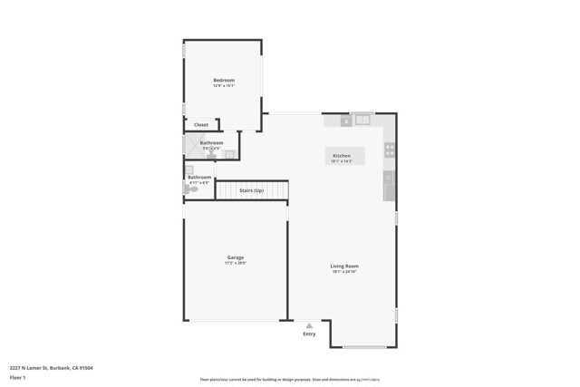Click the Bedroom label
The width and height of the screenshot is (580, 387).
224,81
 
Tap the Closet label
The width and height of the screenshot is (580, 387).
201,125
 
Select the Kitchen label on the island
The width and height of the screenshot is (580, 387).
342,156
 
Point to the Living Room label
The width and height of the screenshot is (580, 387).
344,266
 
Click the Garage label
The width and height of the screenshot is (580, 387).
236,258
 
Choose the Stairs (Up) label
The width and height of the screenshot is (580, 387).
252,190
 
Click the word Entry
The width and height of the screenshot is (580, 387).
310,334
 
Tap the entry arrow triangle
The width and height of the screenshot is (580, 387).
309,325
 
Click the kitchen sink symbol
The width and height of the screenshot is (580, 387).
363,119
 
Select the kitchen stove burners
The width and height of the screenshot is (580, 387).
390,150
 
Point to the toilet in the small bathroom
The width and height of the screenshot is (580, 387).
193,189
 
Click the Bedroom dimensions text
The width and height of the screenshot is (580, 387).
224,86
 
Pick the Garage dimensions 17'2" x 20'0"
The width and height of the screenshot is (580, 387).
236,264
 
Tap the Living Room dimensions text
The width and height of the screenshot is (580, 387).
344,271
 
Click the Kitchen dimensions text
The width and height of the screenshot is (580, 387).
342,160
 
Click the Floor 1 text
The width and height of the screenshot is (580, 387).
17,376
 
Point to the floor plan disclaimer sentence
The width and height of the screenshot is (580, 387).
290,379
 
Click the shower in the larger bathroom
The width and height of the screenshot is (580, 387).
191,145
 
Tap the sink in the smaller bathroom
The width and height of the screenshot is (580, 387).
189,169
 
